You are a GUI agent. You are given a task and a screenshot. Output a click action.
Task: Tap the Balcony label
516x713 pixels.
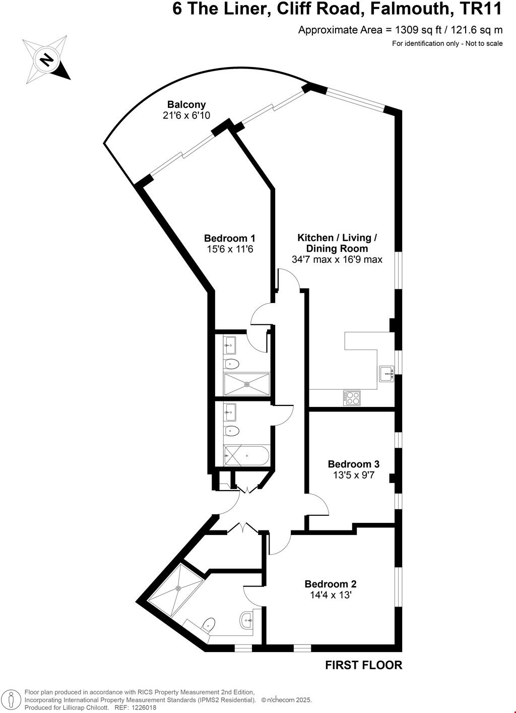pos(186,105)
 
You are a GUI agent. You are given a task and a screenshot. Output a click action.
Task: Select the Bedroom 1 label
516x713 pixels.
pos(229,238)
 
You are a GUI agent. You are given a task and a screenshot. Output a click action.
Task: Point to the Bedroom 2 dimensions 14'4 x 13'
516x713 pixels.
pos(331,595)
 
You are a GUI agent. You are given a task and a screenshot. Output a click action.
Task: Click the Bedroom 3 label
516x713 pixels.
pos(353,464)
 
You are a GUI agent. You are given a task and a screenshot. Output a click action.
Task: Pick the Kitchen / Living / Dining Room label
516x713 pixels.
pos(337,243)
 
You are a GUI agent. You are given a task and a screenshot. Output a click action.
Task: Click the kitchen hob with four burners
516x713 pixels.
pos(352,398)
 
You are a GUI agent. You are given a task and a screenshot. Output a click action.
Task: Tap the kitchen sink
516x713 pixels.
pos(386,374)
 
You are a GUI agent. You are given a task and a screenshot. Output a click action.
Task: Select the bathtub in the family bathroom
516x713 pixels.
pos(246,455)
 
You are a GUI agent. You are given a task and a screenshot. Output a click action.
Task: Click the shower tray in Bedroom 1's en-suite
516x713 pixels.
pos(247,384)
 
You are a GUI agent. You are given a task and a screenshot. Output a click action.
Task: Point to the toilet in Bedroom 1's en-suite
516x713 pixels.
pos(232,364)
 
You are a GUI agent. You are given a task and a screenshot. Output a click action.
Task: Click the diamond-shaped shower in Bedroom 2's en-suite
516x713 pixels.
pos(178,588)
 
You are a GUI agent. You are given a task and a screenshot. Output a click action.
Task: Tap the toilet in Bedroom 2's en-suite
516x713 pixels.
pos(208,624)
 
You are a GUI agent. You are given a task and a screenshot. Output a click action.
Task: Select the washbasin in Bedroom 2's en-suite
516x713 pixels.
pos(246,619)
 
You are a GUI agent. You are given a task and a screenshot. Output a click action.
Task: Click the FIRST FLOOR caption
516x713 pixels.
pos(364,665)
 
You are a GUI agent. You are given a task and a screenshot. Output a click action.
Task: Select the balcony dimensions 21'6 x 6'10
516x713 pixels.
pos(186,115)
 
